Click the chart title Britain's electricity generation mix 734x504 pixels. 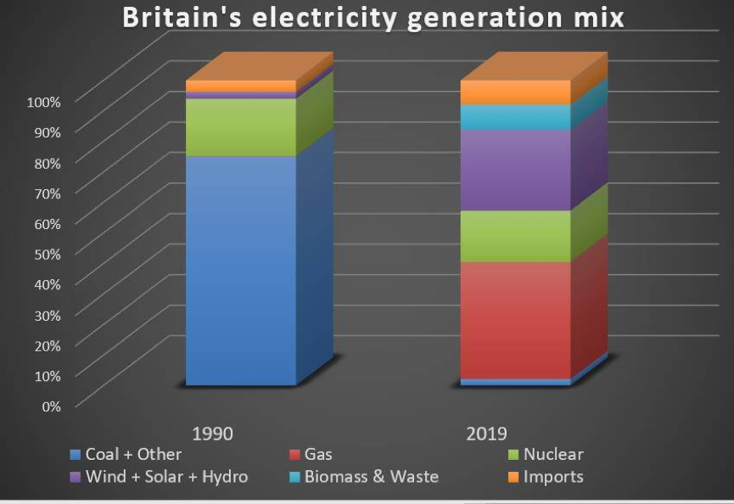(x=373, y=18)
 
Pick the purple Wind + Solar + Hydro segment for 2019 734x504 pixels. (x=515, y=170)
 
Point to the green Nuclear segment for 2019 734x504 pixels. (x=515, y=236)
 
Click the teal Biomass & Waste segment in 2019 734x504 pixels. (x=515, y=117)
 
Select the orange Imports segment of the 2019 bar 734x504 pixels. (x=515, y=92)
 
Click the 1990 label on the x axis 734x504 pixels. (x=213, y=434)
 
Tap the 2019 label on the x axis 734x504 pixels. (x=487, y=434)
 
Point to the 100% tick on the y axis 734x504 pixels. (x=44, y=102)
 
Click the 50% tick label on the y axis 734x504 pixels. (x=48, y=254)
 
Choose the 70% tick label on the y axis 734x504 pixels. (x=48, y=193)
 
